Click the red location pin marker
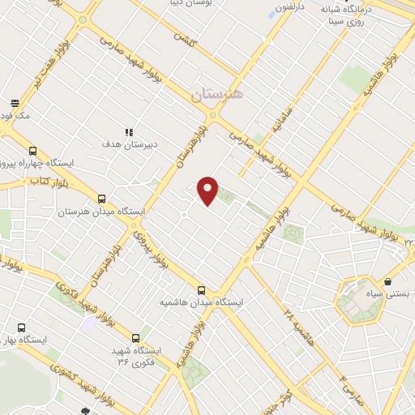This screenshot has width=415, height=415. (208, 189)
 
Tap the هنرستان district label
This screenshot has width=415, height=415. (217, 95)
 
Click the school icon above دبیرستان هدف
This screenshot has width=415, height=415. (127, 131)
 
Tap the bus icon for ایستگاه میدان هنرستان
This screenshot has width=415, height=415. (102, 199)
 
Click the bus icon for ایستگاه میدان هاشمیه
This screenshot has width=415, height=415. (201, 290)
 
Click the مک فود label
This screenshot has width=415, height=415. (15, 116)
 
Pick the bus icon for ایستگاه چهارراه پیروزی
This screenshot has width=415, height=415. (32, 151)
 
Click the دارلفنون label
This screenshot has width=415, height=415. (293, 7)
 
